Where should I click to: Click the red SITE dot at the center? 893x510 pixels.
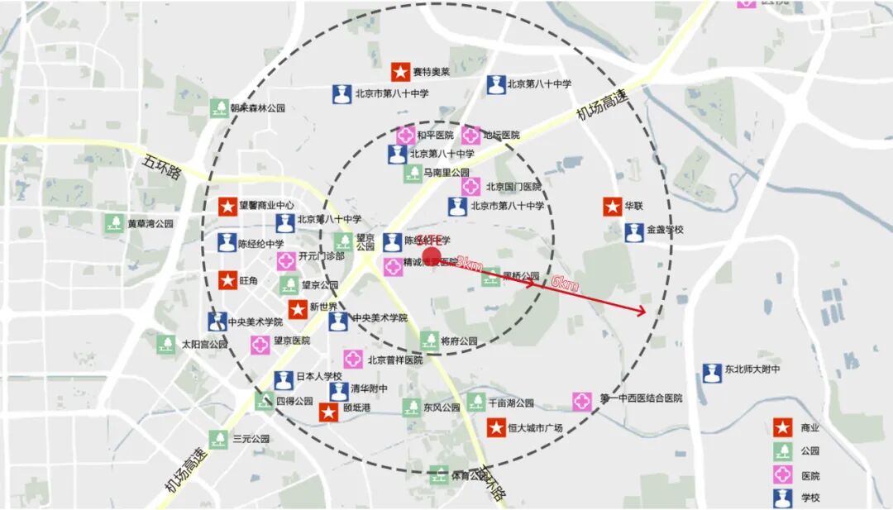click(432, 257)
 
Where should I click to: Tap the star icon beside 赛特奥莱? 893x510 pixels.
click(401, 72)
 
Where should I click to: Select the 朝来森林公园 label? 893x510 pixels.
click(257, 108)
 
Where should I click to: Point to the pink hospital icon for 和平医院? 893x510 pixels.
click(405, 135)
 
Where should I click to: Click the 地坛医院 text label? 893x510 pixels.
click(501, 135)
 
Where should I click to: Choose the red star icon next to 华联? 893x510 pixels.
click(612, 207)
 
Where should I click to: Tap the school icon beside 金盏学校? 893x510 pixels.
click(634, 231)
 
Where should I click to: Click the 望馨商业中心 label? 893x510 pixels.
click(268, 206)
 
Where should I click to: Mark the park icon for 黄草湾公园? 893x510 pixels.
click(114, 223)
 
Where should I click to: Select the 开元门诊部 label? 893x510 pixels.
click(322, 256)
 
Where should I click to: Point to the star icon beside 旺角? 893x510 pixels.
click(227, 281)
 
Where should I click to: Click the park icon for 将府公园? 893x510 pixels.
click(429, 340)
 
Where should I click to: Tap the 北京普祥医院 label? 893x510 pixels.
click(394, 360)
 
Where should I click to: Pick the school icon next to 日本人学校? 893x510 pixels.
click(284, 380)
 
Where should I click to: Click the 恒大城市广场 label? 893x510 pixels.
click(535, 428)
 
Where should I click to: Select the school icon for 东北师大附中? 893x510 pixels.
click(712, 373)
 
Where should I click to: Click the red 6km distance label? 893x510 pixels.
click(565, 285)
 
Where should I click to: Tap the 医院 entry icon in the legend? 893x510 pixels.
click(782, 475)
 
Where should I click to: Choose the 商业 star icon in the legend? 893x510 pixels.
click(782, 427)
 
